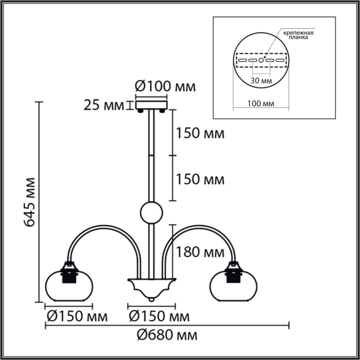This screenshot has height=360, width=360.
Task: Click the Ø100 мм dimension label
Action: pos(165,87)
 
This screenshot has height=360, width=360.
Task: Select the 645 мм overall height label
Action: pos(30,202)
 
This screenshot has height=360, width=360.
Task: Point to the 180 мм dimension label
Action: pos(200,253)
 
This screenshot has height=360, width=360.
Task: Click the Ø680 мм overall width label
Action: pos(167,336)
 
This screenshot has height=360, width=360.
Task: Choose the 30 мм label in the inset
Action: pos(261,81)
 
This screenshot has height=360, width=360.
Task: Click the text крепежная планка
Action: pos(298,35)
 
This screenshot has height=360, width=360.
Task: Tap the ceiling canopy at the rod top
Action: pos(152,105)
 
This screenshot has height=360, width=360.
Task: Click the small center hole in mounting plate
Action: pos(261,60)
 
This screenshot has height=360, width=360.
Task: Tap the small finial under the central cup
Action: pos(152,300)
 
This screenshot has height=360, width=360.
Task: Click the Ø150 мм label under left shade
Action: pos(77,317)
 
